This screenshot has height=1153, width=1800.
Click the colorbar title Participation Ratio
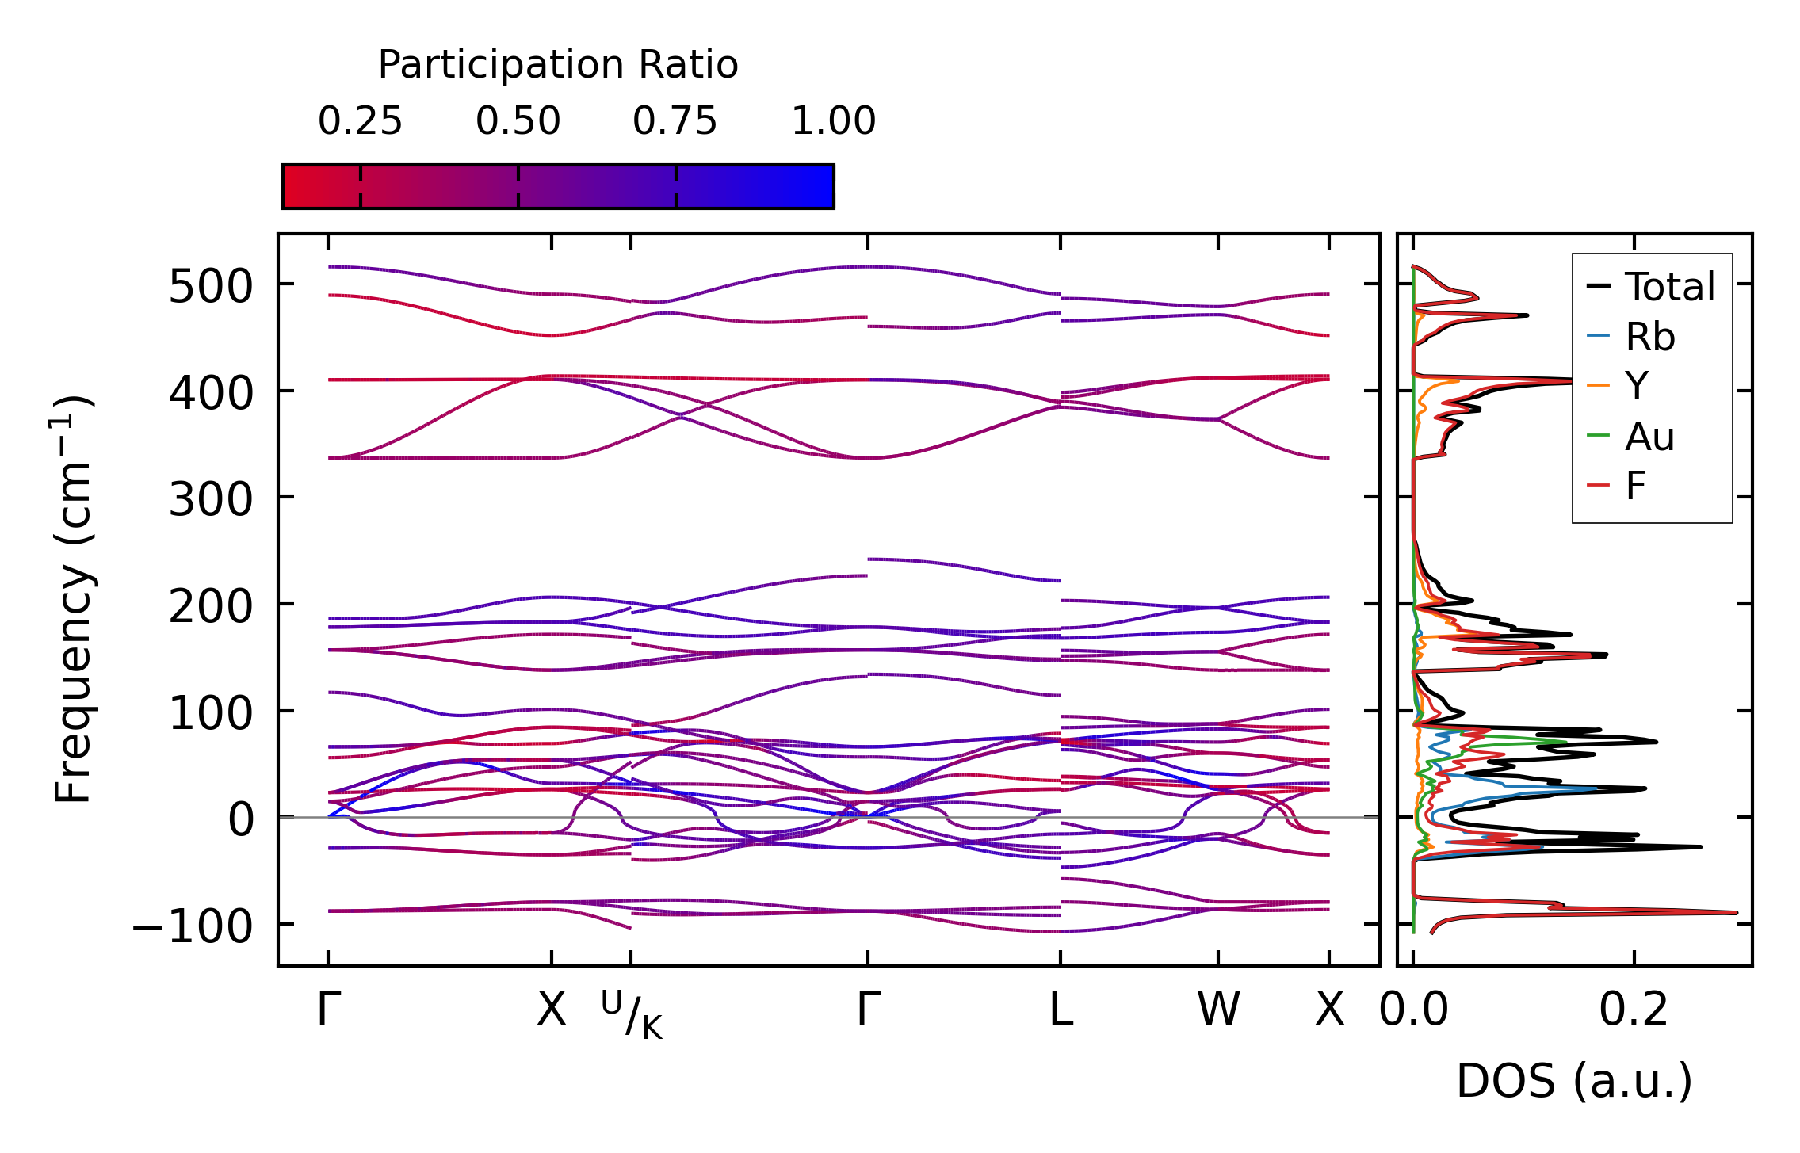[x=558, y=65]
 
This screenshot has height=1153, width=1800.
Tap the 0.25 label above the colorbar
[x=360, y=121]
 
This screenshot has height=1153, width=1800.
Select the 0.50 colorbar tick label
[x=518, y=121]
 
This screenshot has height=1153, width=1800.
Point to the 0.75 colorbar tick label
[x=675, y=121]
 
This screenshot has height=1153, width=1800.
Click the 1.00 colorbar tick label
[x=833, y=121]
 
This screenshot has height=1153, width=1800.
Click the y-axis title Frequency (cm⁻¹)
[x=74, y=599]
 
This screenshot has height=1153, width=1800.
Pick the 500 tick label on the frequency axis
[x=210, y=287]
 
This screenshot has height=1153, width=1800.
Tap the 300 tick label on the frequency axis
[x=210, y=500]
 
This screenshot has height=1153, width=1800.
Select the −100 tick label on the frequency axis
[x=192, y=926]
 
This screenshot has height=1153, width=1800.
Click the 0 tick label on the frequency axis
[x=241, y=819]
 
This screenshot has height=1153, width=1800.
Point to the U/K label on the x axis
[x=632, y=1014]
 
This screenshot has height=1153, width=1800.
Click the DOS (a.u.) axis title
[x=1574, y=1081]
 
